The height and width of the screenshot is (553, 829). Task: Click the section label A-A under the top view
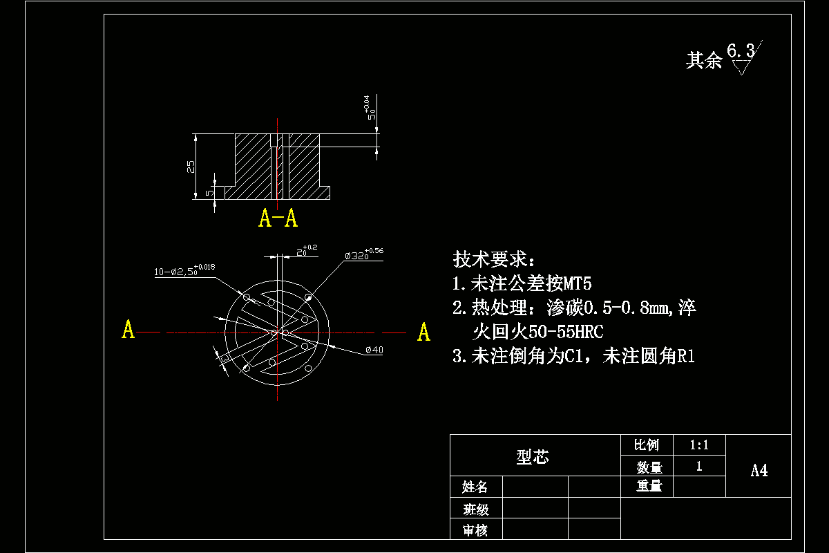pyautogui.click(x=278, y=218)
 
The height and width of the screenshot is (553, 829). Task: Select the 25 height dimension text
pyautogui.click(x=191, y=167)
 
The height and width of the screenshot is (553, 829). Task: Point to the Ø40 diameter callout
pyautogui.click(x=374, y=350)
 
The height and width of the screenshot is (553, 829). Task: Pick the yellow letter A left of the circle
pyautogui.click(x=128, y=330)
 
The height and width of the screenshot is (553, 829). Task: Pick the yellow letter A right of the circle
pyautogui.click(x=423, y=332)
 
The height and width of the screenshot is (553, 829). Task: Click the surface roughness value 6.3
pyautogui.click(x=741, y=51)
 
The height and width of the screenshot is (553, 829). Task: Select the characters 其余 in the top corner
pyautogui.click(x=703, y=61)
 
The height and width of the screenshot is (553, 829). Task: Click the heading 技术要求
pyautogui.click(x=493, y=260)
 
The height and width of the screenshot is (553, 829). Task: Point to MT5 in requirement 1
pyautogui.click(x=578, y=284)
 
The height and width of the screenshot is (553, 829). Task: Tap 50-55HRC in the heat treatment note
pyautogui.click(x=565, y=332)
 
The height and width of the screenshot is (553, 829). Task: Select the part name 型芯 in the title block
pyautogui.click(x=533, y=457)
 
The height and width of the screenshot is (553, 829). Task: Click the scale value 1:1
pyautogui.click(x=698, y=445)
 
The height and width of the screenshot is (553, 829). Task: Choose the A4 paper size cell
pyautogui.click(x=759, y=471)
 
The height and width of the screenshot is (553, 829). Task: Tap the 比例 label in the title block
pyautogui.click(x=647, y=445)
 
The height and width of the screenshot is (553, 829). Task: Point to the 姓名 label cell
pyautogui.click(x=475, y=487)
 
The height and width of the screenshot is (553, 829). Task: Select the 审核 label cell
pyautogui.click(x=475, y=530)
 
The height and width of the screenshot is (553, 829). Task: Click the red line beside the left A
pyautogui.click(x=149, y=332)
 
